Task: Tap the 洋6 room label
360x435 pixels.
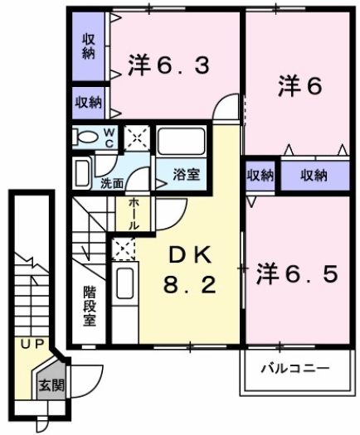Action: point(299,85)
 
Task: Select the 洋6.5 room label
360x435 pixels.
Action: point(296,273)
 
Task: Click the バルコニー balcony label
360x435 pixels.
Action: point(294,367)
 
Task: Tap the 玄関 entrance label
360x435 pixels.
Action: point(51,384)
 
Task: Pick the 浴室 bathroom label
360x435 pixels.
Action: point(186,174)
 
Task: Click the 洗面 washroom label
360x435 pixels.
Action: point(113,182)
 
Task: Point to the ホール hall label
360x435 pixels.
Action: point(134,213)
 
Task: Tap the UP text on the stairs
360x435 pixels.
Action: point(32,343)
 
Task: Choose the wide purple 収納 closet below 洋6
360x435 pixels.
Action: point(314,175)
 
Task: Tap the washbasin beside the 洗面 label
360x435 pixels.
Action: point(83,172)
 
